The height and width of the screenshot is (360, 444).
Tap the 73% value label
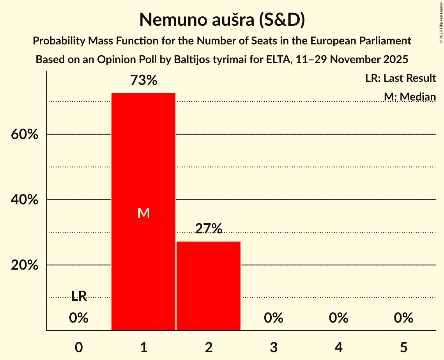pyautogui.click(x=143, y=81)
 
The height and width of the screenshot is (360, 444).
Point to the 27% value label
pyautogui.click(x=209, y=229)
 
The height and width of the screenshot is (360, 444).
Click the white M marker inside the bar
pyautogui.click(x=143, y=213)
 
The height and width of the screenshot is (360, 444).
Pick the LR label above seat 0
pyautogui.click(x=79, y=296)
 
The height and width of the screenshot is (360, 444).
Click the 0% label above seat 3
pyautogui.click(x=274, y=318)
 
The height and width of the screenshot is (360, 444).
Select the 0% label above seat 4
pyautogui.click(x=338, y=318)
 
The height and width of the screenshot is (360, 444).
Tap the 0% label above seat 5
pyautogui.click(x=403, y=318)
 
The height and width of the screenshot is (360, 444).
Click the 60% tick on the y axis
pyautogui.click(x=24, y=134)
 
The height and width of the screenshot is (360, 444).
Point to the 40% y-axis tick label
pyautogui.click(x=24, y=200)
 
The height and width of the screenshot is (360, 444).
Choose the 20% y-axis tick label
pyautogui.click(x=24, y=265)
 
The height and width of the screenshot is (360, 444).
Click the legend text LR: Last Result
pyautogui.click(x=400, y=78)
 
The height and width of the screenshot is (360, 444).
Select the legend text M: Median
pyautogui.click(x=410, y=97)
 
